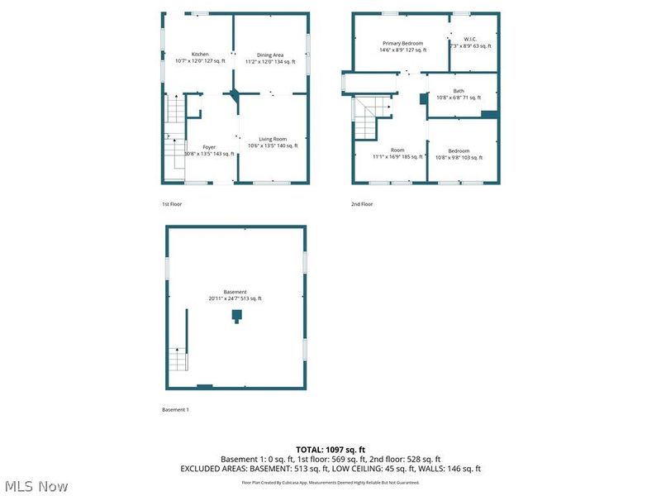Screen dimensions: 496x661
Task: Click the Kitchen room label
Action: [188, 55]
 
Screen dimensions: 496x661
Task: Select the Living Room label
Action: [273, 139]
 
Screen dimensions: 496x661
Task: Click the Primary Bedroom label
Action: [402, 43]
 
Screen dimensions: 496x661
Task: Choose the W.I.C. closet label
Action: [470, 39]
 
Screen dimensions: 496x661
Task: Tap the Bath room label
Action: [459, 91]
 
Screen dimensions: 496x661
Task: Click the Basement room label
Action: [235, 292]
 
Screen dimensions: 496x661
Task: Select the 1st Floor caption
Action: [171, 203]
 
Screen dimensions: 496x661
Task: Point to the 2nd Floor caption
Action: [362, 203]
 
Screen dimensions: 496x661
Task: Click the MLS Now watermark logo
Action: [36, 486]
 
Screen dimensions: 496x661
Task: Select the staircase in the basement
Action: [178, 360]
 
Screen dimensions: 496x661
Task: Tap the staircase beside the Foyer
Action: [174, 136]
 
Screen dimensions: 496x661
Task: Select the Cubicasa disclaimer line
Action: [330, 482]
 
